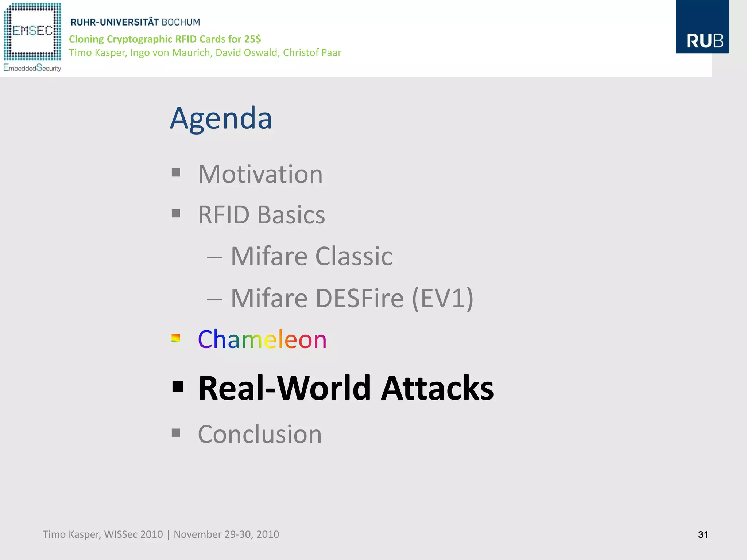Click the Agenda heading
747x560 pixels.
click(x=221, y=118)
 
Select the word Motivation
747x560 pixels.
click(x=260, y=174)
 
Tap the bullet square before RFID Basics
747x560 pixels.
click(x=176, y=213)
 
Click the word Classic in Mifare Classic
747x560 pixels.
click(x=353, y=256)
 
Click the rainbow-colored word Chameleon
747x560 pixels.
click(x=262, y=339)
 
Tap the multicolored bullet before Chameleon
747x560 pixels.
click(x=176, y=338)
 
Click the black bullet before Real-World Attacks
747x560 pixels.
click(x=178, y=386)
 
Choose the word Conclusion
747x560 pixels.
click(x=260, y=434)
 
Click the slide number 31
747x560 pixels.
click(x=703, y=534)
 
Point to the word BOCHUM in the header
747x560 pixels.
click(x=181, y=22)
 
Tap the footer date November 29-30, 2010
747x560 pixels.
click(x=226, y=534)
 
